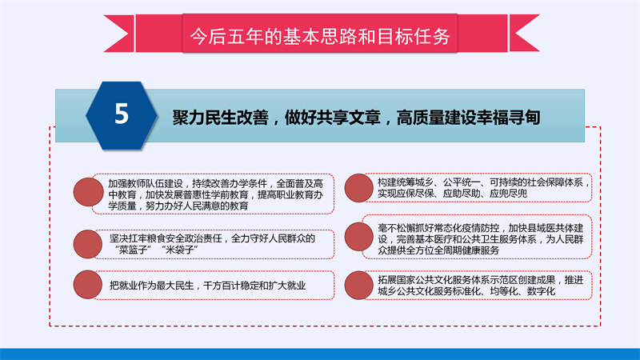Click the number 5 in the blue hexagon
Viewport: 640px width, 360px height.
pyautogui.click(x=122, y=114)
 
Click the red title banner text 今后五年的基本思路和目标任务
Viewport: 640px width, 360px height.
pyautogui.click(x=320, y=36)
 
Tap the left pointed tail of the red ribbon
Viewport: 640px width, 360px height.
pyautogui.click(x=118, y=34)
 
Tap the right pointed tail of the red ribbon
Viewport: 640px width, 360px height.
pyautogui.click(x=525, y=34)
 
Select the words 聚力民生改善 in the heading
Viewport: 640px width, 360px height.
pyautogui.click(x=220, y=118)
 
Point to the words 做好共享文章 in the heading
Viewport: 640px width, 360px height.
pyautogui.click(x=332, y=118)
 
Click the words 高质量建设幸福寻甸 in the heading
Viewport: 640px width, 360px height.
pyautogui.click(x=468, y=118)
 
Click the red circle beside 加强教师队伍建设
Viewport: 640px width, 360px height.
pyautogui.click(x=88, y=192)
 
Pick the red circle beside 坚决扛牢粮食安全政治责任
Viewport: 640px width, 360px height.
pyautogui.click(x=88, y=244)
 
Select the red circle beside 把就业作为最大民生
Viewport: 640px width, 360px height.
pyautogui.click(x=88, y=285)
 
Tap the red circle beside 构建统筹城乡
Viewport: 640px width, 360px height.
pyautogui.click(x=358, y=188)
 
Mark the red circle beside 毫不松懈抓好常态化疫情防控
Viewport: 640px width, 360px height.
pyautogui.click(x=358, y=236)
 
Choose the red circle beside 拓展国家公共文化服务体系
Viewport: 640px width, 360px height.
pyautogui.click(x=358, y=286)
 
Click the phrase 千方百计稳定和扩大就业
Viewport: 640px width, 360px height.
pyautogui.click(x=254, y=286)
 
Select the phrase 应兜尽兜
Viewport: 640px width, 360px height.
pyautogui.click(x=508, y=194)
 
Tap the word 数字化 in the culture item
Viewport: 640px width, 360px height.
pyautogui.click(x=541, y=291)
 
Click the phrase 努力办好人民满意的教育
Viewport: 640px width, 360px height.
pyautogui.click(x=197, y=206)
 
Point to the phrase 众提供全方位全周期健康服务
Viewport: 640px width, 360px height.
pyautogui.click(x=438, y=250)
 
